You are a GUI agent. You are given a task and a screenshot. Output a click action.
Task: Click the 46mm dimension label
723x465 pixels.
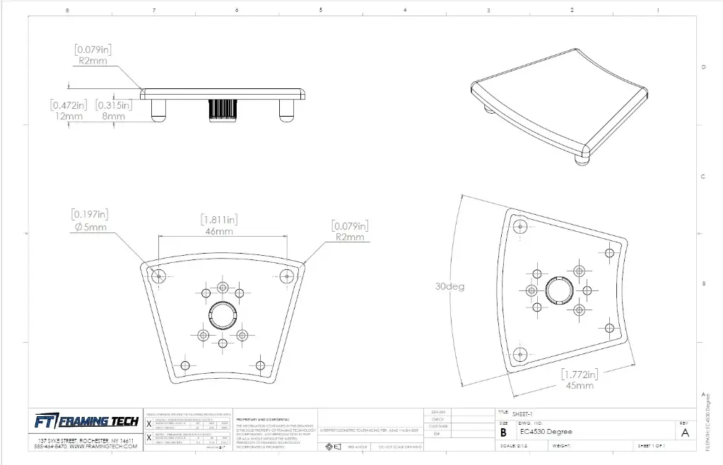coord(219,231)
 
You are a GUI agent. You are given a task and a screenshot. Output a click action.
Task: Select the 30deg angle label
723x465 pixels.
coord(449,288)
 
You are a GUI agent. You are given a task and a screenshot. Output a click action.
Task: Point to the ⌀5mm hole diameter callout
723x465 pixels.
coord(90,227)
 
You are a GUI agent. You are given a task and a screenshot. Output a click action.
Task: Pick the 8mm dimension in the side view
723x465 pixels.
coord(112,116)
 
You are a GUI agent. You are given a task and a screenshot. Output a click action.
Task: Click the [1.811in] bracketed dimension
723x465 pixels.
coord(220,219)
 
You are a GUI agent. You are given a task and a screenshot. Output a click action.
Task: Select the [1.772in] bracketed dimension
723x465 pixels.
coord(579,374)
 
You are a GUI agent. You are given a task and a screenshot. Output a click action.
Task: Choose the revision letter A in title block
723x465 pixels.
coord(684,433)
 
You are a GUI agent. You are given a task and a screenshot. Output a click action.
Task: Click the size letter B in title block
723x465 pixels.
coord(503,432)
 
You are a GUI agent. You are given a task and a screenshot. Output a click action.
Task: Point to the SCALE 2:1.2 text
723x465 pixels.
coord(515,446)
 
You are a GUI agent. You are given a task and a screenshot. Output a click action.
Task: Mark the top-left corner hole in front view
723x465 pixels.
coord(157,275)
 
